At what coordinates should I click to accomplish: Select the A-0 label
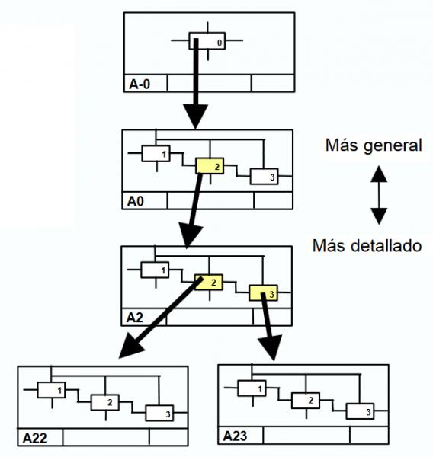coord(140,84)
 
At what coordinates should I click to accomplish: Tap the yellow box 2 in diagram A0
coord(210,166)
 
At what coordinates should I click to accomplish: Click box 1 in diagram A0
coord(156,153)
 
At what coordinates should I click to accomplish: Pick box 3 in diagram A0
coord(264,177)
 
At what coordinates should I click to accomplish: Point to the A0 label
coord(136,201)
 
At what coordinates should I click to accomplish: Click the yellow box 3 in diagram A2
coord(263,293)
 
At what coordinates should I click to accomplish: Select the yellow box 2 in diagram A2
coord(209,282)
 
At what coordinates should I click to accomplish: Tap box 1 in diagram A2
coord(155,270)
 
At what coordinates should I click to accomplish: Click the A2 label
coord(134,318)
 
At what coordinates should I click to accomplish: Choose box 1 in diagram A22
coord(51,390)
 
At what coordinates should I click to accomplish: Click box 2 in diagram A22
coord(105,402)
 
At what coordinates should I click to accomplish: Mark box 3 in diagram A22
coord(159,413)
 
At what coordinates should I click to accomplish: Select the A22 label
coord(35,438)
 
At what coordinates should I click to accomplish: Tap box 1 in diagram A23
coord(252,388)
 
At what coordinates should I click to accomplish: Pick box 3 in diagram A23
coord(360,411)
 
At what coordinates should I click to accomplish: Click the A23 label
coord(235,436)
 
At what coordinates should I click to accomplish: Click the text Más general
coord(374,145)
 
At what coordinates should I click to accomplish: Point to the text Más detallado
coord(367,246)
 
